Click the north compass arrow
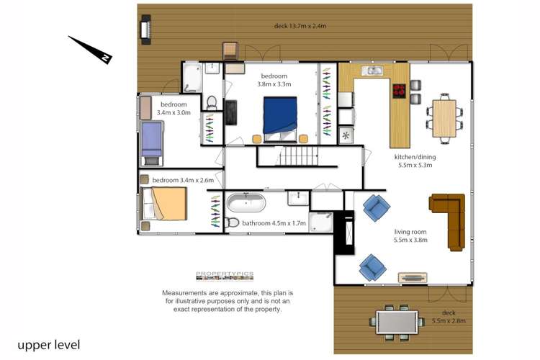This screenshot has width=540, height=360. [x=91, y=50]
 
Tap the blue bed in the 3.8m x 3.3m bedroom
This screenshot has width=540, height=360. [x=280, y=120]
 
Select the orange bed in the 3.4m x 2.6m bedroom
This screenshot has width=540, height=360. [x=165, y=203]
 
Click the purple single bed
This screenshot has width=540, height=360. [x=151, y=143]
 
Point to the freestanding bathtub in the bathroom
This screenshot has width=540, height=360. [x=246, y=203]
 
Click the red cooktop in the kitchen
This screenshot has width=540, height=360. [x=399, y=91]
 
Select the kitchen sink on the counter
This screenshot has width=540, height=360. [x=372, y=71]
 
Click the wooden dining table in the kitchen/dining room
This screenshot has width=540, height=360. [x=444, y=119]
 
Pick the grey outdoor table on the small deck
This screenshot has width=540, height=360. [x=397, y=322]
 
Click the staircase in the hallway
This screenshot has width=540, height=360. [x=299, y=156]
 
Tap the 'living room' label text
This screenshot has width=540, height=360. [x=410, y=232]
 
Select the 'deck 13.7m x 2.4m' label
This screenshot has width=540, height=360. [x=300, y=26]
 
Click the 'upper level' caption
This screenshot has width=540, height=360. [x=48, y=345]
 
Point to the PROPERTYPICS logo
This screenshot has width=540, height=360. [x=225, y=276]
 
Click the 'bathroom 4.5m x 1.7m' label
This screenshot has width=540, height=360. [x=274, y=223]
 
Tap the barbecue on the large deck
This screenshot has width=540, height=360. [x=145, y=30]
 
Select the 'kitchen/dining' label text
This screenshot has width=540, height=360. [x=415, y=157]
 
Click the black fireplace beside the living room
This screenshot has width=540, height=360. [x=345, y=233]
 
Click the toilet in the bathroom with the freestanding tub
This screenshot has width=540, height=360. [x=232, y=222]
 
